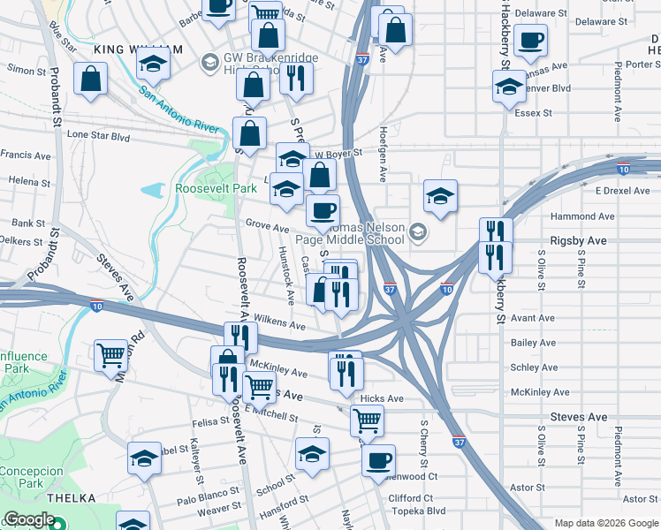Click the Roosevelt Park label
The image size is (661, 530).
pyautogui.click(x=216, y=189)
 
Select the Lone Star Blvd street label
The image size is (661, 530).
pyautogui.click(x=99, y=137)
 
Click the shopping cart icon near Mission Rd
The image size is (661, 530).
pyautogui.click(x=111, y=356)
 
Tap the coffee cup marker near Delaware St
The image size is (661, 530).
pyautogui.click(x=531, y=41)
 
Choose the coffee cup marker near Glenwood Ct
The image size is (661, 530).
pyautogui.click(x=379, y=460)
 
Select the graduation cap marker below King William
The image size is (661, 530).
pyautogui.click(x=153, y=64)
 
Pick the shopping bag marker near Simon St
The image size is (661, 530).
pyautogui.click(x=91, y=79)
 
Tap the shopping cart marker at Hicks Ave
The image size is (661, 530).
pyautogui.click(x=367, y=420)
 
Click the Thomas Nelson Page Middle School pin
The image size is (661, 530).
pyautogui.click(x=417, y=233)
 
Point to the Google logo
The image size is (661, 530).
pyautogui.click(x=29, y=520)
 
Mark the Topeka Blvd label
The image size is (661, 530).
pyautogui.click(x=417, y=511)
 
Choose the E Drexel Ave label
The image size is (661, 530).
pyautogui.click(x=622, y=191)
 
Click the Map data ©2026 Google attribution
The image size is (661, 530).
pyautogui.click(x=605, y=523)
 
